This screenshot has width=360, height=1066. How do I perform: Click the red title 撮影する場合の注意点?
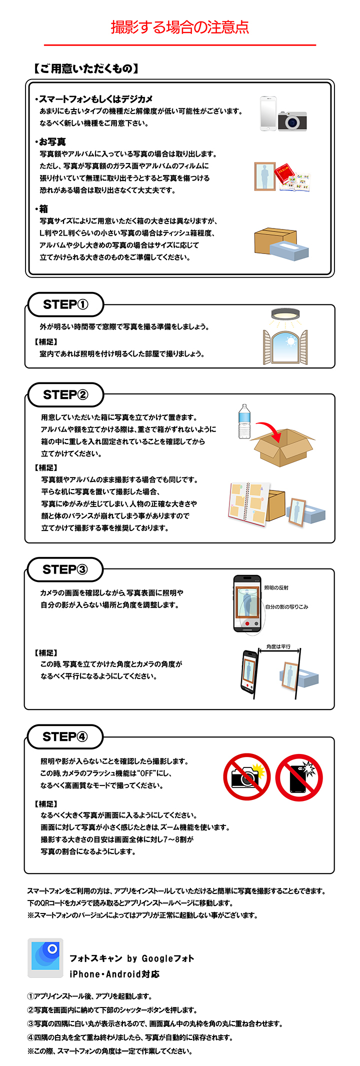click(180, 27)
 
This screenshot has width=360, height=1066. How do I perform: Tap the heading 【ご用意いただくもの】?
click(85, 69)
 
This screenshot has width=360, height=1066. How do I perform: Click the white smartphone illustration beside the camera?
click(268, 114)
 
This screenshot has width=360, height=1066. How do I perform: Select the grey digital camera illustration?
click(292, 121)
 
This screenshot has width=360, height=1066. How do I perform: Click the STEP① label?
click(65, 304)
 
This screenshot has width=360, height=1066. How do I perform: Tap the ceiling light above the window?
click(285, 314)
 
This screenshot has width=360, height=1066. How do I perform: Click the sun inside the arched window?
click(289, 342)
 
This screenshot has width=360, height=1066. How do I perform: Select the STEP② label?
click(65, 394)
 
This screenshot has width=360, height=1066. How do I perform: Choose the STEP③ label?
click(65, 569)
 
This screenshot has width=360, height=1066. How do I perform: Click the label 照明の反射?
click(276, 587)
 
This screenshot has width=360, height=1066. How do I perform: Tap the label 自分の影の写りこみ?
click(286, 606)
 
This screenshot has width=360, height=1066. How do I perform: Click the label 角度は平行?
click(278, 646)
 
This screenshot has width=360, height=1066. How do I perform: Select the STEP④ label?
click(65, 736)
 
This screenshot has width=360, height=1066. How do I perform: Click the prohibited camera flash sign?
click(246, 776)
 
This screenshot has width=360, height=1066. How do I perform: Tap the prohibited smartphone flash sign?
click(299, 777)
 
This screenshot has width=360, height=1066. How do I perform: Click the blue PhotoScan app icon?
click(45, 957)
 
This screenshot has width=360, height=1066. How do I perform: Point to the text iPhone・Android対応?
click(114, 974)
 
